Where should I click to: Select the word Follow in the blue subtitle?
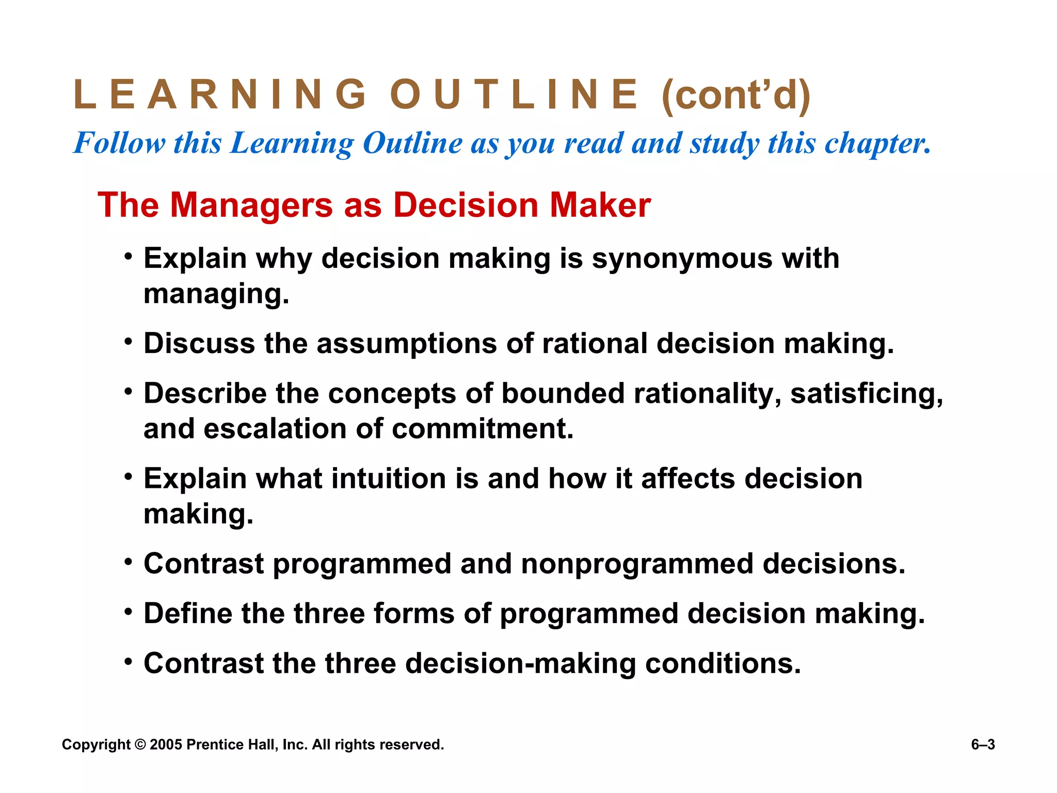tap(120, 143)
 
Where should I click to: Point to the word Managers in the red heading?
tap(251, 205)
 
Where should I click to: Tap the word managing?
tap(216, 294)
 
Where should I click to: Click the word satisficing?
tap(867, 393)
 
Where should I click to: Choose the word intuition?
tap(389, 479)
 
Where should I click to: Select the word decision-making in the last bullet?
tap(521, 663)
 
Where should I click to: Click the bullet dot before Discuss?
tap(129, 341)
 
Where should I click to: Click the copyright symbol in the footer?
tap(140, 745)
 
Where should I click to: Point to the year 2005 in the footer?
tap(166, 745)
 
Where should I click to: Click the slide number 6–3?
tap(983, 744)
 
